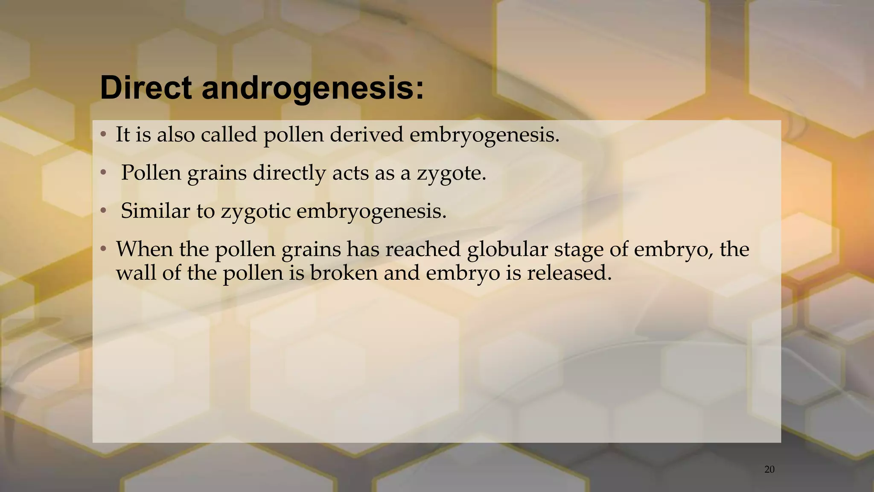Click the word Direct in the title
point(146,88)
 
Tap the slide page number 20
point(769,469)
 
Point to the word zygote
point(451,173)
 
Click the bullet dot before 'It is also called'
point(103,135)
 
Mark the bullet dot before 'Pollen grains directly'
point(103,173)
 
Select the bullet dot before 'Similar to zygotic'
point(103,211)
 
